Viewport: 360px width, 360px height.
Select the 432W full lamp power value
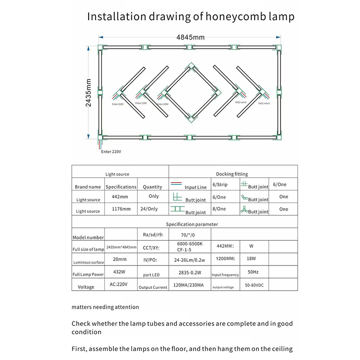click(x=119, y=272)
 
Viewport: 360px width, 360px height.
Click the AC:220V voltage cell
click(x=118, y=284)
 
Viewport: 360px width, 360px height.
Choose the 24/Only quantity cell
click(x=153, y=209)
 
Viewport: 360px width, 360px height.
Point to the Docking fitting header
click(x=232, y=174)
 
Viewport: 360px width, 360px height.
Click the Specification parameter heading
click(x=192, y=224)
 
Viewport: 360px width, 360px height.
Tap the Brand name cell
click(x=88, y=186)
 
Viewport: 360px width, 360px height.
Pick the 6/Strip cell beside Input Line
click(x=220, y=185)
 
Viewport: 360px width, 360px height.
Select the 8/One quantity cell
click(x=220, y=209)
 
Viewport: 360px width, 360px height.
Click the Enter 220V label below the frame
click(x=111, y=152)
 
